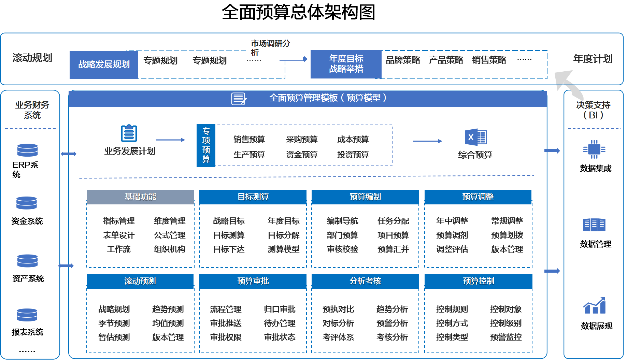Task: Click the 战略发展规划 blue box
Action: click(x=104, y=64)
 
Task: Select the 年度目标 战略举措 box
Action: click(x=346, y=64)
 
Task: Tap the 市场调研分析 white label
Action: click(x=274, y=48)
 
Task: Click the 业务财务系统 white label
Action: click(x=32, y=110)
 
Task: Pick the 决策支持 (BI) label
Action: click(x=593, y=110)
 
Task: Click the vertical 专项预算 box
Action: click(x=206, y=145)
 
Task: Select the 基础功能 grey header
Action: click(x=140, y=197)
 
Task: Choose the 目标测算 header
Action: click(x=253, y=197)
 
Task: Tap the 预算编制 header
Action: click(x=365, y=197)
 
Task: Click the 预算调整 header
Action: click(x=478, y=197)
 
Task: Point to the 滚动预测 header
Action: click(x=140, y=281)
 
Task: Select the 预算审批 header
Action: click(x=253, y=281)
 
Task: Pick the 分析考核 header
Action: click(x=365, y=281)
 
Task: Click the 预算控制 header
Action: click(x=478, y=281)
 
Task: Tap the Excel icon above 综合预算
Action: click(x=476, y=137)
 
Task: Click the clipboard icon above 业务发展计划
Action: click(x=129, y=133)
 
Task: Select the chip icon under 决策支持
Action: click(x=594, y=149)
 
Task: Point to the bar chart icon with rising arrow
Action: click(x=594, y=305)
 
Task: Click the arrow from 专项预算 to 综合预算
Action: click(x=427, y=141)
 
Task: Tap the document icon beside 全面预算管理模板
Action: click(x=239, y=99)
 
